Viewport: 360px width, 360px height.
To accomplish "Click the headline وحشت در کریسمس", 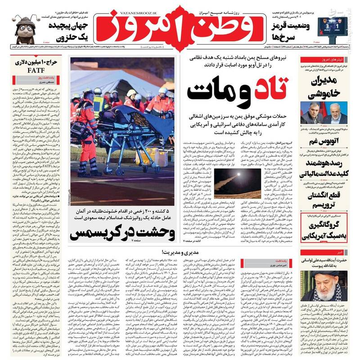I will pos(121,233).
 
